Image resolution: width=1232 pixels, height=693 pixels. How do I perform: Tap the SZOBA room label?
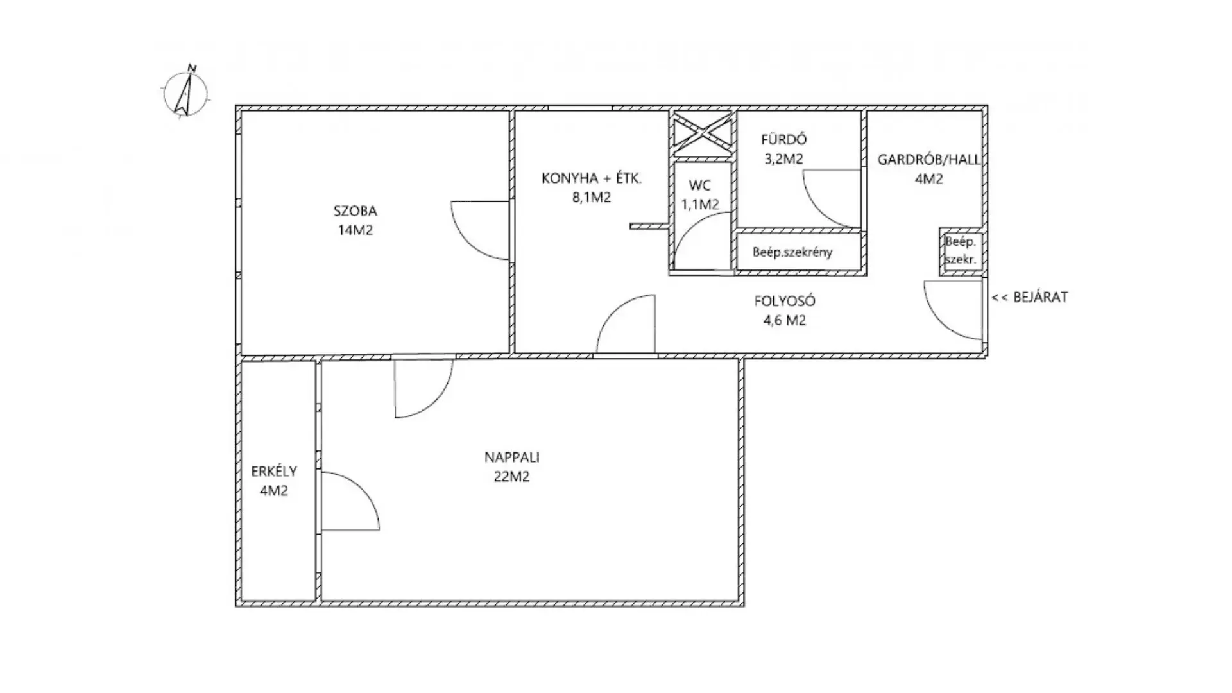point(355,210)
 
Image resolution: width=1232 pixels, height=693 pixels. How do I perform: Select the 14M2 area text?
point(355,230)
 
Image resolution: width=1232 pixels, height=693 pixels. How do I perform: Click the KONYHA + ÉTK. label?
point(592,178)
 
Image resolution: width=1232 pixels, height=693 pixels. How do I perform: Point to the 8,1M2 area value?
point(592,198)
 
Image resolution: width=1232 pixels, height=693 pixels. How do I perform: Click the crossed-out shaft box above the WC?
point(703,134)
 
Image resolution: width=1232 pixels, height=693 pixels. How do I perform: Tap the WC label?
point(699,185)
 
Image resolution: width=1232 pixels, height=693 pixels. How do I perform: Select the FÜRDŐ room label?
point(783,139)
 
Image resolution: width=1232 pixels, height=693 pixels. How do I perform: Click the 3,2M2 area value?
point(783,158)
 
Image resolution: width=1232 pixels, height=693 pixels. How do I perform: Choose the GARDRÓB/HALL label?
point(928,160)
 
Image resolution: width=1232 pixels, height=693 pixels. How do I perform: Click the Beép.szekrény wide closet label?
point(792,252)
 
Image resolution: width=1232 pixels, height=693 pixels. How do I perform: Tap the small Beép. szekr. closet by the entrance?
point(961,251)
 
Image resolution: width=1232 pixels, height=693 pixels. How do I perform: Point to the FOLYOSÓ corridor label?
point(780,301)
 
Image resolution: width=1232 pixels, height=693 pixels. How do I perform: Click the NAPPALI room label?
point(511,458)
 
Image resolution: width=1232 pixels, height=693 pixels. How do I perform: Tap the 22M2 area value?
point(511,477)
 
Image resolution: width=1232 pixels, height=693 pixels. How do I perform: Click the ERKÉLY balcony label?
point(274,472)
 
